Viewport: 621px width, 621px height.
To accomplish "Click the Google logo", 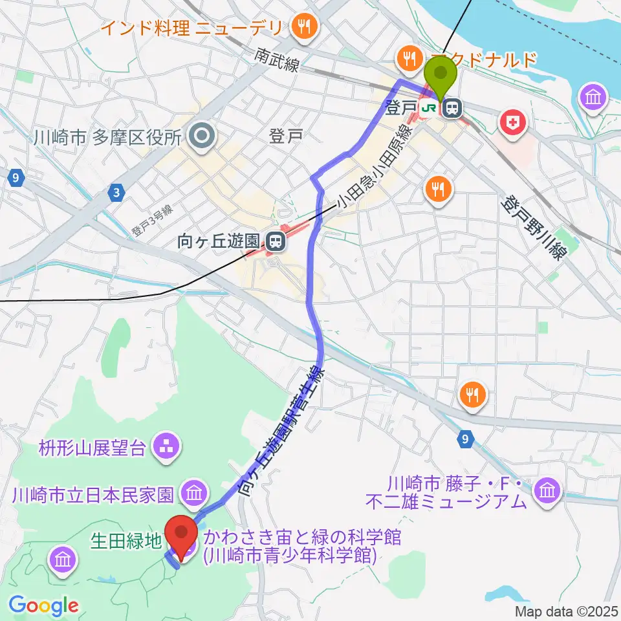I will [43, 605].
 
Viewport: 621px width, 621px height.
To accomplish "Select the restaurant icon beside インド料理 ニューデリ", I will [301, 27].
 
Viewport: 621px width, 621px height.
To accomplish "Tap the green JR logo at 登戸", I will [428, 109].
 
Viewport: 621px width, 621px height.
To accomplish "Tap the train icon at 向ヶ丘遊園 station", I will [274, 242].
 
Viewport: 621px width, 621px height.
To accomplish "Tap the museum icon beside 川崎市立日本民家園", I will [193, 496].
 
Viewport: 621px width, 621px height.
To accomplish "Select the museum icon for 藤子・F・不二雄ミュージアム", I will [547, 491].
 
